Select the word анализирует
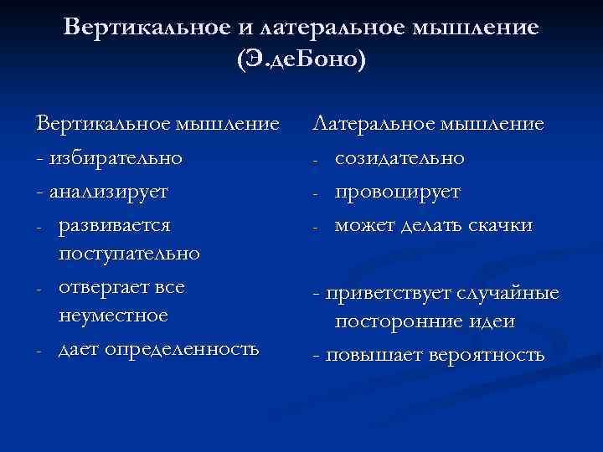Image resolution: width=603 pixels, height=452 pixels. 109,190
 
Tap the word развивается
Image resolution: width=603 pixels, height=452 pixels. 115,225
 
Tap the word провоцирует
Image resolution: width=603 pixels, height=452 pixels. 397,191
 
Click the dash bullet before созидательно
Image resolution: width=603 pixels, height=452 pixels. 315,159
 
